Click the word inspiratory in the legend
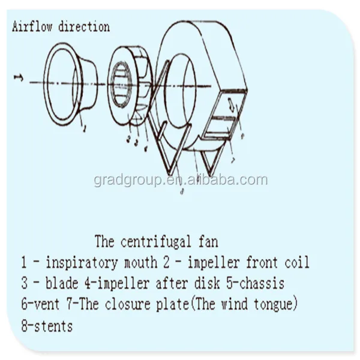(x=77, y=263)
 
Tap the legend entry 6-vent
(x=40, y=304)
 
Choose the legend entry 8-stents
(x=47, y=326)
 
